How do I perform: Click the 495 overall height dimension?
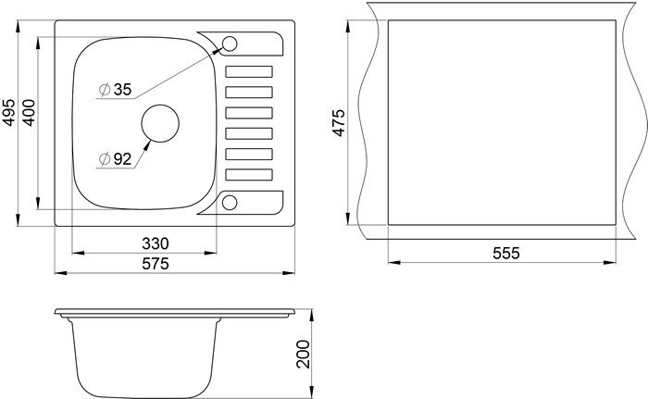pos(9,112)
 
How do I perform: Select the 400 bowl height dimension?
pos(29,112)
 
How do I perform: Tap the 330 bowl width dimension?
pos(156,243)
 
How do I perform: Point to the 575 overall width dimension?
pos(156,264)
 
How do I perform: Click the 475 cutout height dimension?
pos(339,122)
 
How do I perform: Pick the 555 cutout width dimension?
pos(505,253)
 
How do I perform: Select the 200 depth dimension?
pos(303,354)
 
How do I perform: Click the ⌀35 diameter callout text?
pos(116,89)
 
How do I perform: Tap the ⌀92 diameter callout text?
pos(116,159)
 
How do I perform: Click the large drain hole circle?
pos(160,105)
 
